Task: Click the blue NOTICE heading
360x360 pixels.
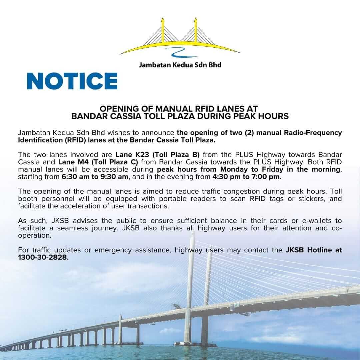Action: click(x=72, y=81)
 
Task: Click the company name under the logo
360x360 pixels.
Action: click(x=180, y=65)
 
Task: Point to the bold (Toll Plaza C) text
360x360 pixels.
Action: click(x=114, y=162)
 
